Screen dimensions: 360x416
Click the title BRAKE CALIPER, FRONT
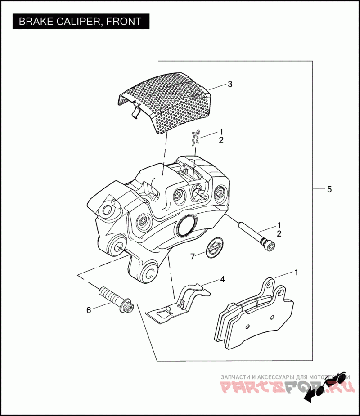(81, 21)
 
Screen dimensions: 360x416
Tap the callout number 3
(229, 84)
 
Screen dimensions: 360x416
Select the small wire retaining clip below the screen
(195, 138)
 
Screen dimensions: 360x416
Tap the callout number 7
(192, 256)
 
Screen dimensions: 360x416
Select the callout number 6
(89, 310)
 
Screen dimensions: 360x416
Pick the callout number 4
(222, 279)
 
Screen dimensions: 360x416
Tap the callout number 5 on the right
(329, 189)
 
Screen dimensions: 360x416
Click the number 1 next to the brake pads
(297, 272)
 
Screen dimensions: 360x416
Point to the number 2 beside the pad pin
(279, 234)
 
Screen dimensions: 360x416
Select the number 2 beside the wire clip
(221, 140)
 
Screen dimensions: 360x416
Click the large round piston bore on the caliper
(186, 225)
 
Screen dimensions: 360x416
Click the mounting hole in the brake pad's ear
(269, 284)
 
